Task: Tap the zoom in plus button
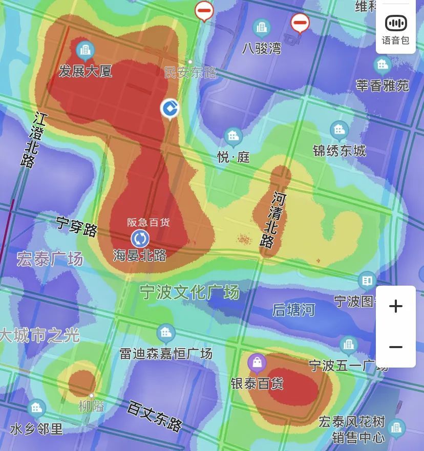pos(395,306)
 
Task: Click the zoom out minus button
pos(395,347)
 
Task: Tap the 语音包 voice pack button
pos(395,29)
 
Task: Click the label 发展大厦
pos(86,71)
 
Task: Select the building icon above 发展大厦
pos(85,50)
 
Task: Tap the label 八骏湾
pos(262,49)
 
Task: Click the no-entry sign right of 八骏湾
pos(300,23)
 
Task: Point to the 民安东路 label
pos(190,73)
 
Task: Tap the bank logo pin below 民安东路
pos(169,109)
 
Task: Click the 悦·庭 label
pos(234,157)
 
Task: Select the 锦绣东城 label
pos(340,151)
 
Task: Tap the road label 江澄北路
pos(32,139)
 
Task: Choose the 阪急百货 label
pos(149,222)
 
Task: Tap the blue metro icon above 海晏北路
pos(139,238)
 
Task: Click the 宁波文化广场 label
pos(189,292)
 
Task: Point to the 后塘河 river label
pos(293,310)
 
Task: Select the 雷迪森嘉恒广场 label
pos(166,354)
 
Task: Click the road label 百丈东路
pos(154,417)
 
